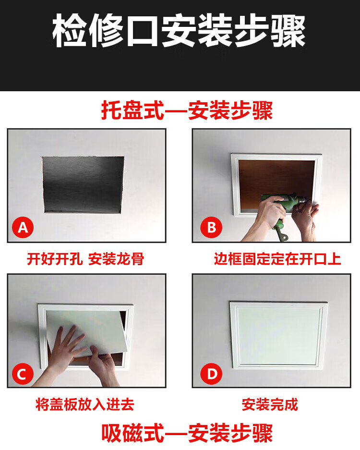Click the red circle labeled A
pos(23,228)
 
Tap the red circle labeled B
pos(211,228)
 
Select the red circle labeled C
pos(23,374)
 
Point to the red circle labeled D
pos(211,374)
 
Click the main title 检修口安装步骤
pos(179,31)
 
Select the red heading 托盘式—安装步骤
pos(187,110)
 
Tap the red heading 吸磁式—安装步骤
pos(187,433)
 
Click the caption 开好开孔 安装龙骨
pos(85,259)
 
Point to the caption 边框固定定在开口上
pos(277,259)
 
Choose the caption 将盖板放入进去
pos(85,404)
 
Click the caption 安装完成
pos(270,404)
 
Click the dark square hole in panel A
pos(83,184)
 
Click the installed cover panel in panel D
pos(278,336)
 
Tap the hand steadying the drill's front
pos(305,218)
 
